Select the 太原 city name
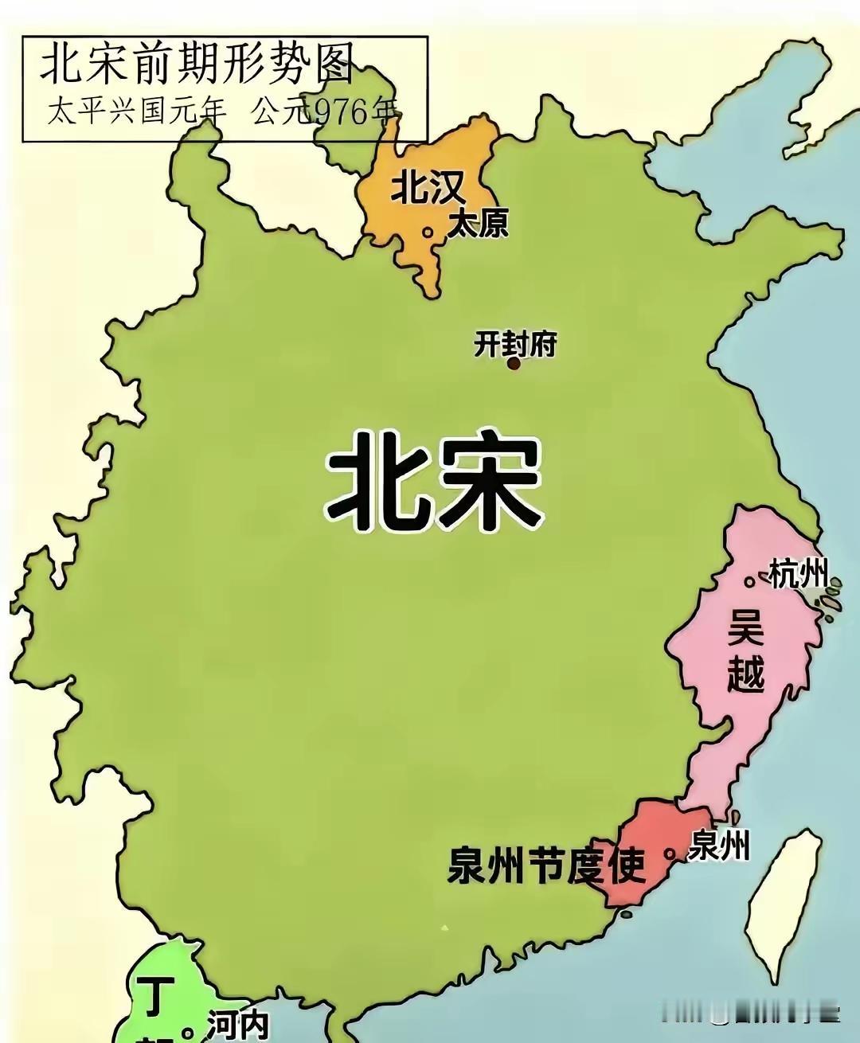pyautogui.click(x=478, y=224)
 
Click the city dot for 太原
pyautogui.click(x=428, y=232)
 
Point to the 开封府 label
pyautogui.click(x=514, y=344)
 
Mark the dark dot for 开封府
pyautogui.click(x=514, y=363)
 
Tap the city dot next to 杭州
pyautogui.click(x=749, y=582)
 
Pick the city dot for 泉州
pyautogui.click(x=670, y=854)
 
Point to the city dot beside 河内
pyautogui.click(x=187, y=1033)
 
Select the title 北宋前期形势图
pyautogui.click(x=196, y=63)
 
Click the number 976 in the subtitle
pyautogui.click(x=345, y=112)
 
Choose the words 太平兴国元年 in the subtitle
pyautogui.click(x=136, y=112)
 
